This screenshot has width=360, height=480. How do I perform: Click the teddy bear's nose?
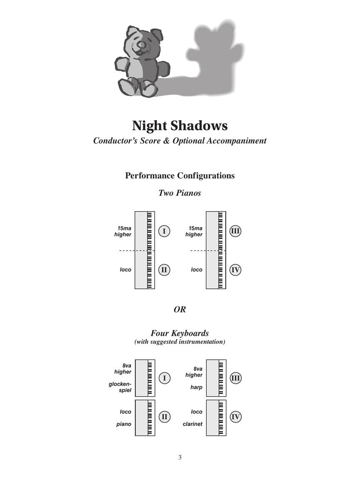pyautogui.click(x=142, y=45)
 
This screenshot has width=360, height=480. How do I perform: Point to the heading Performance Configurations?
pyautogui.click(x=180, y=175)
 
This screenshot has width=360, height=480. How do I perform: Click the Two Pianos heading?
pyautogui.click(x=180, y=193)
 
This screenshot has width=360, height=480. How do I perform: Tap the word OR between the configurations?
pyautogui.click(x=180, y=310)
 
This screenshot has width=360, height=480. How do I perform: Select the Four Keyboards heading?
pyautogui.click(x=180, y=333)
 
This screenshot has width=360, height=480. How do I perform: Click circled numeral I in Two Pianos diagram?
pyautogui.click(x=164, y=231)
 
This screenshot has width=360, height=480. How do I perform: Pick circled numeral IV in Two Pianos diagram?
pyautogui.click(x=235, y=270)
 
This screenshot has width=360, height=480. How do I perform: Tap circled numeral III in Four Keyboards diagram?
pyautogui.click(x=235, y=378)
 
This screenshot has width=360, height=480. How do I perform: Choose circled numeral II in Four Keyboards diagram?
pyautogui.click(x=164, y=417)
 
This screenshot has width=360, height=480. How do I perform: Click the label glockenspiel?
pyautogui.click(x=120, y=387)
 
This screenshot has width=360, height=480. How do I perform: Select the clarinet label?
pyautogui.click(x=192, y=424)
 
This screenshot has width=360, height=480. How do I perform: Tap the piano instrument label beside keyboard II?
pyautogui.click(x=124, y=424)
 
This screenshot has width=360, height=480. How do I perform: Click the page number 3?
pyautogui.click(x=180, y=457)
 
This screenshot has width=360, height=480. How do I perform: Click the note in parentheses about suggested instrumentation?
pyautogui.click(x=180, y=342)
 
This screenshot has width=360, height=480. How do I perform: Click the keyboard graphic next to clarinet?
pyautogui.click(x=216, y=418)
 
